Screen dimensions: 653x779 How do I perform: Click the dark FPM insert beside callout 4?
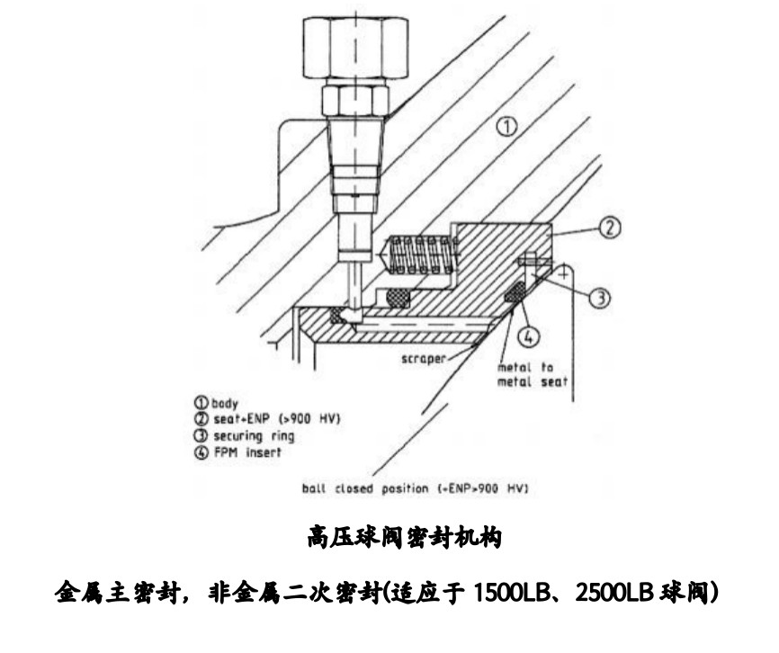click(x=515, y=292)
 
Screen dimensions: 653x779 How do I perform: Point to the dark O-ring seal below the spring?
click(x=396, y=297)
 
